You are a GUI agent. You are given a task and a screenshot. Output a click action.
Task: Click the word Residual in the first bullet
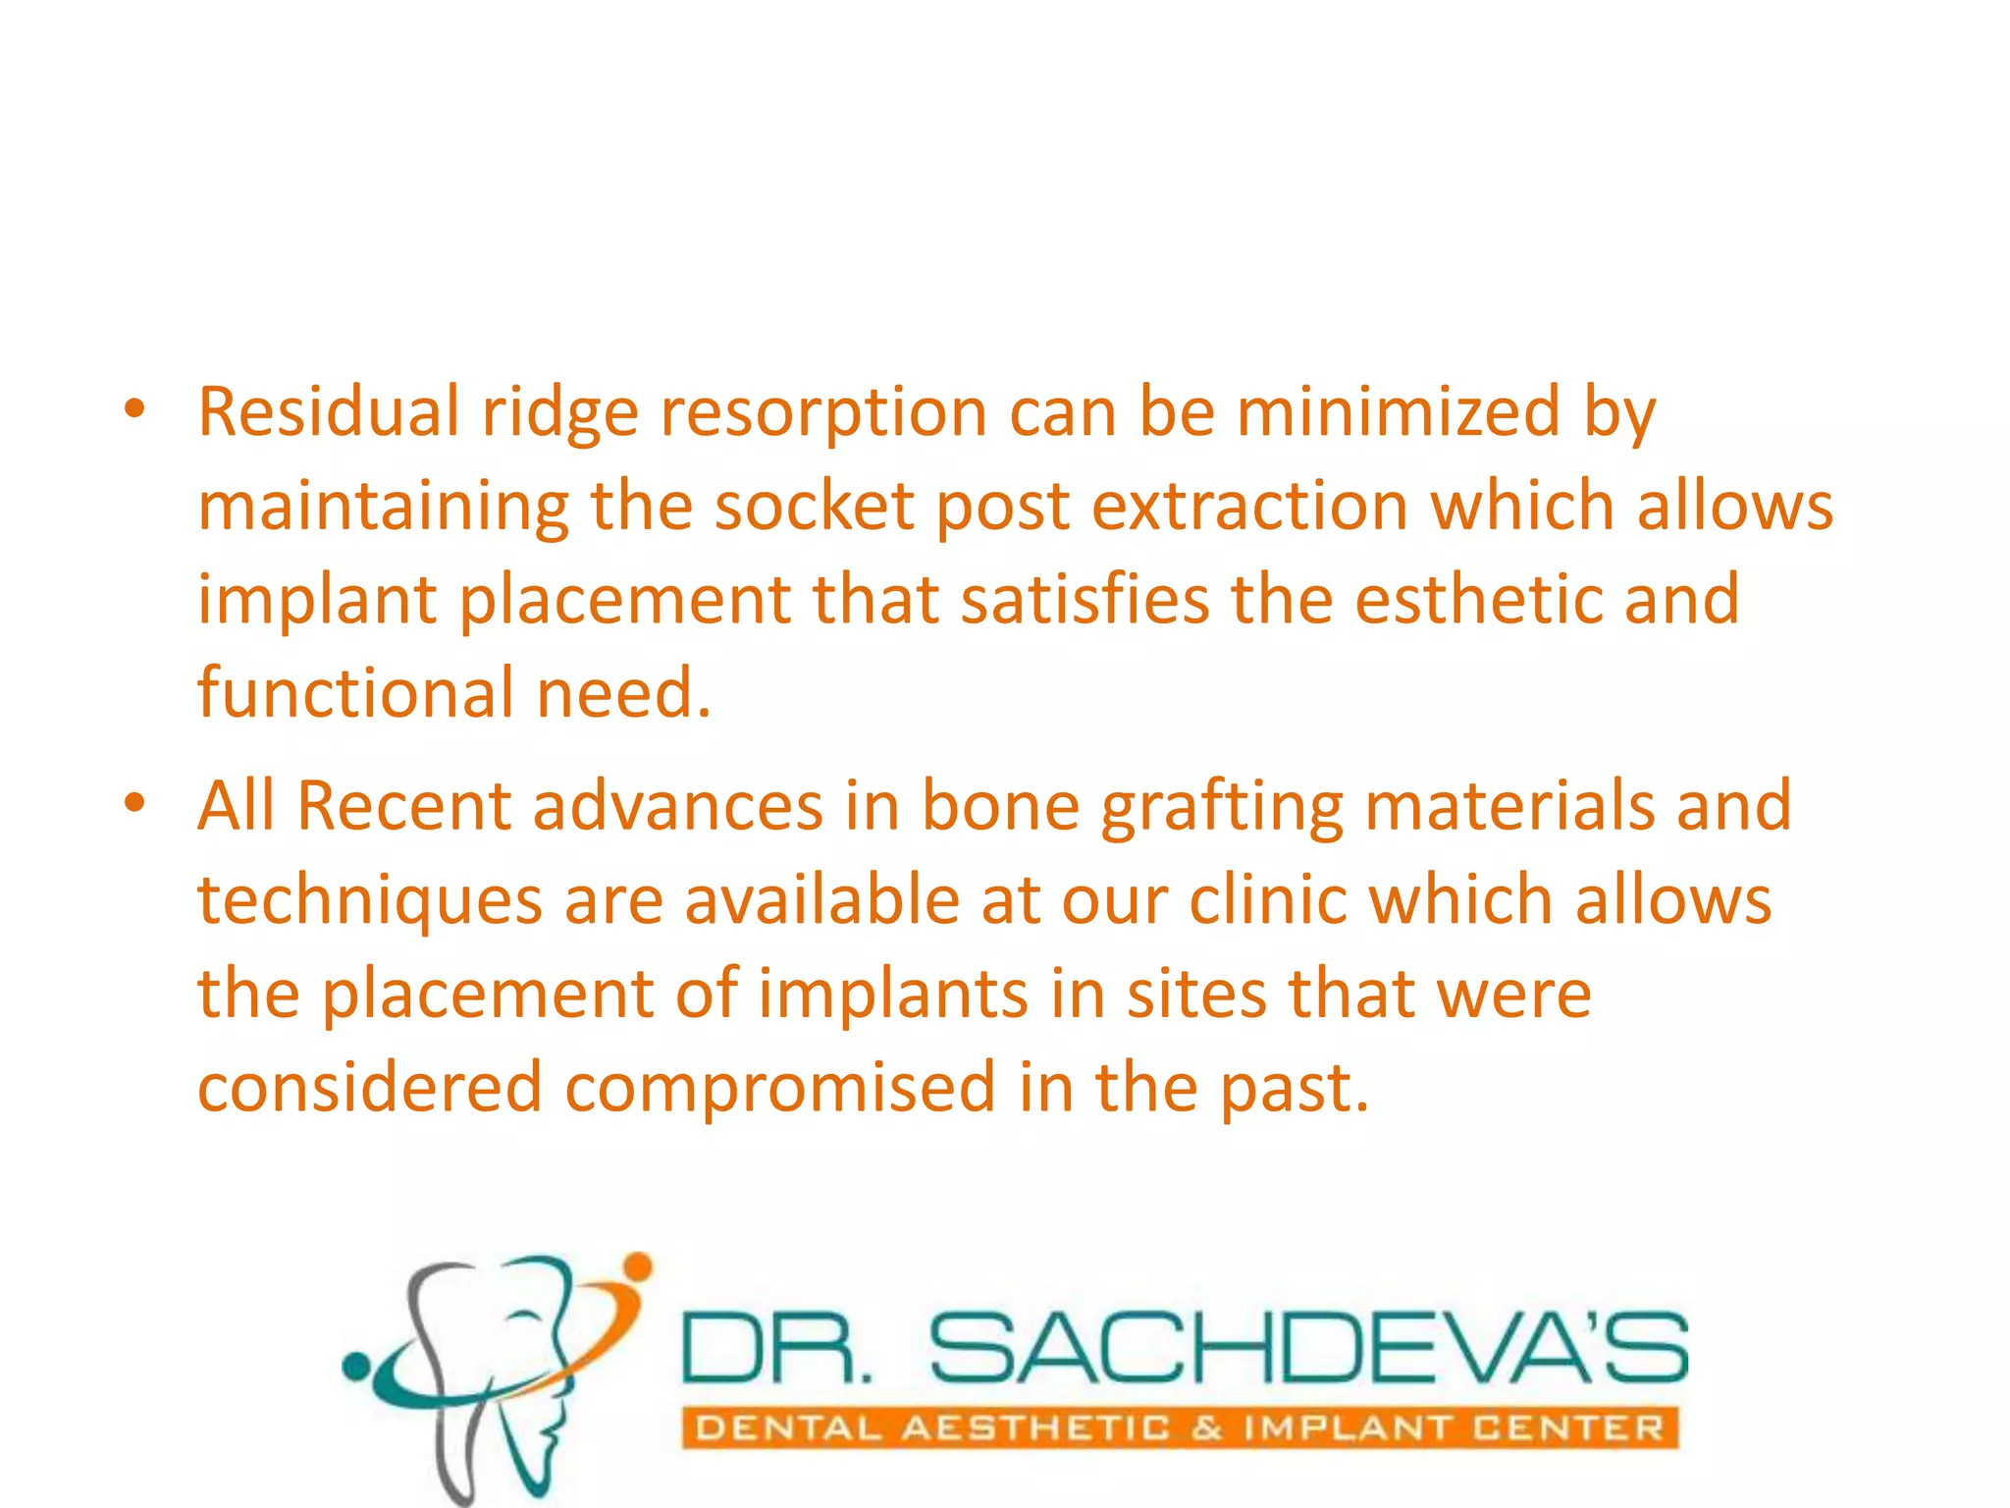click(328, 411)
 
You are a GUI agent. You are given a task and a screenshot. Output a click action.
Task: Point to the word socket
click(813, 507)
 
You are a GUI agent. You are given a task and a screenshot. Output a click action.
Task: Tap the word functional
click(355, 692)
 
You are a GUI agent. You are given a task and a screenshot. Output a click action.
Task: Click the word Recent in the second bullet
click(403, 806)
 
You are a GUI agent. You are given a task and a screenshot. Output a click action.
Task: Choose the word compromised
click(780, 1088)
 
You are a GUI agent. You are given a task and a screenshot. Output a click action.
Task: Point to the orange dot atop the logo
click(638, 1266)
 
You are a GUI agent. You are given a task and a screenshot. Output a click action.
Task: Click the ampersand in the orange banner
click(1207, 1427)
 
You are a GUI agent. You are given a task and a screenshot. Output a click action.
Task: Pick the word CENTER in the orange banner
click(1567, 1427)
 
